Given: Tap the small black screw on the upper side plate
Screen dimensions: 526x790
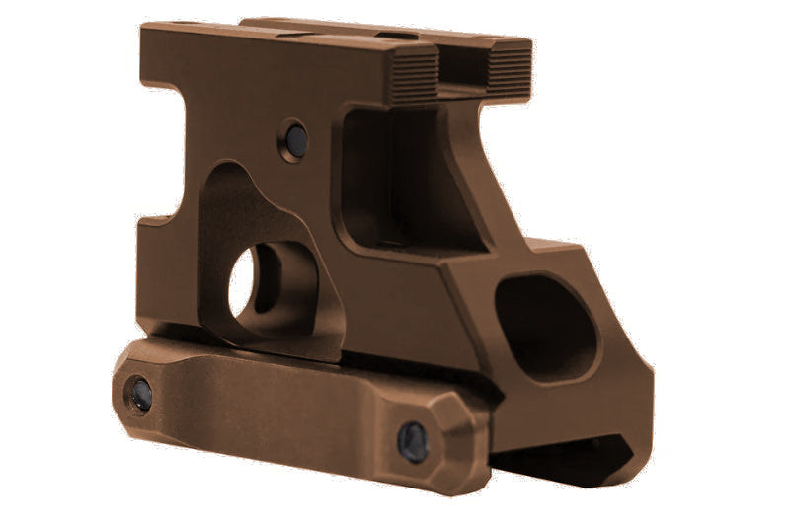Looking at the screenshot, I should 293,138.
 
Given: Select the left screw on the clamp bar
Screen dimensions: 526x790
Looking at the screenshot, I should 139,394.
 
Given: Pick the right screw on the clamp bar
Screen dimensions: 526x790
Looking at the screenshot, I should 412,441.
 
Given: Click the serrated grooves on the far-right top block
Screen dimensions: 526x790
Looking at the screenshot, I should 509,69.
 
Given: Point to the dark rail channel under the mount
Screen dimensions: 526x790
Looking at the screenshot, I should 553,459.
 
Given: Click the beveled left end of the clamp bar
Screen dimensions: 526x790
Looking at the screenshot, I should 123,390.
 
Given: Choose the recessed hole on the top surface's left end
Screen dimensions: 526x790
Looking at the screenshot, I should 183,24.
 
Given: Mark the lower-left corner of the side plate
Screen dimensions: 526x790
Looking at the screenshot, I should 148,321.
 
